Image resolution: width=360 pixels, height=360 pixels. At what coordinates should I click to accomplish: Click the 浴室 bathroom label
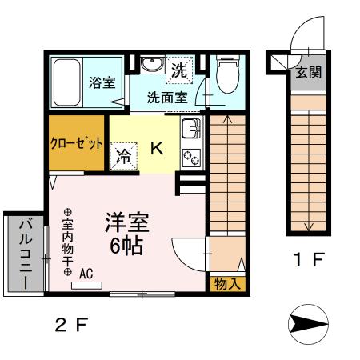pyautogui.click(x=102, y=82)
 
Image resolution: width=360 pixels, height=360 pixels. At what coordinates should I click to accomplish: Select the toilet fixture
pyautogui.click(x=226, y=74)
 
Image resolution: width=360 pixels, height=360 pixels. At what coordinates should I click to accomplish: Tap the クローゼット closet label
pyautogui.click(x=77, y=145)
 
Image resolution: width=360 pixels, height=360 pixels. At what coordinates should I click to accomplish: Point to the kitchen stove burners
pyautogui.click(x=191, y=156)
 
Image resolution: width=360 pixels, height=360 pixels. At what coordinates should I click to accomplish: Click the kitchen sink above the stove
pyautogui.click(x=191, y=129)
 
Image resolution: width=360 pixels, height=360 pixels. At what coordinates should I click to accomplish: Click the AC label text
pyautogui.click(x=86, y=273)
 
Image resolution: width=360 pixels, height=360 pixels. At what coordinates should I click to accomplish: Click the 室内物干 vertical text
pyautogui.click(x=67, y=238)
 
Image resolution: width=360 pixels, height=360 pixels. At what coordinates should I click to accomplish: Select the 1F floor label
pyautogui.click(x=307, y=262)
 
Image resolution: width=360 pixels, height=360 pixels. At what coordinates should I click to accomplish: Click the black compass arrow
pyautogui.click(x=308, y=324)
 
